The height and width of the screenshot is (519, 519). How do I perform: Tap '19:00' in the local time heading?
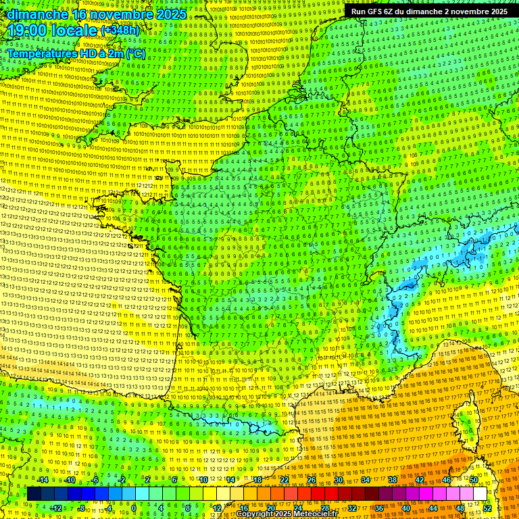click(27, 30)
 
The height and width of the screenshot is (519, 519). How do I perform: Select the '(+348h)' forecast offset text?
click(120, 30)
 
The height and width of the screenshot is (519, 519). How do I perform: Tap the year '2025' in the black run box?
click(496, 11)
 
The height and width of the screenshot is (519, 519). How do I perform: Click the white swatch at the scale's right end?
click(480, 494)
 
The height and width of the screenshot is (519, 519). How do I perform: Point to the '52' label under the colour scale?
click(487, 508)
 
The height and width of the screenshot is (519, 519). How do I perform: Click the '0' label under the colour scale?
click(134, 508)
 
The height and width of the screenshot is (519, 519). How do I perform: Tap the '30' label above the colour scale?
click(338, 480)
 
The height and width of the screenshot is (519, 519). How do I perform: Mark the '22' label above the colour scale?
click(285, 480)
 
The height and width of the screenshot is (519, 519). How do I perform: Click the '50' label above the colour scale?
click(473, 480)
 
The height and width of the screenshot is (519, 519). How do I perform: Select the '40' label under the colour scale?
click(406, 508)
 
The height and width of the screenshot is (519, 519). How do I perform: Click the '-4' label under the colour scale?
click(108, 508)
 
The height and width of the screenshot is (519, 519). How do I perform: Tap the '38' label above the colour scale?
click(392, 480)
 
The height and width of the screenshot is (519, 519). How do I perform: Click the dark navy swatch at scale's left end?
click(34, 494)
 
